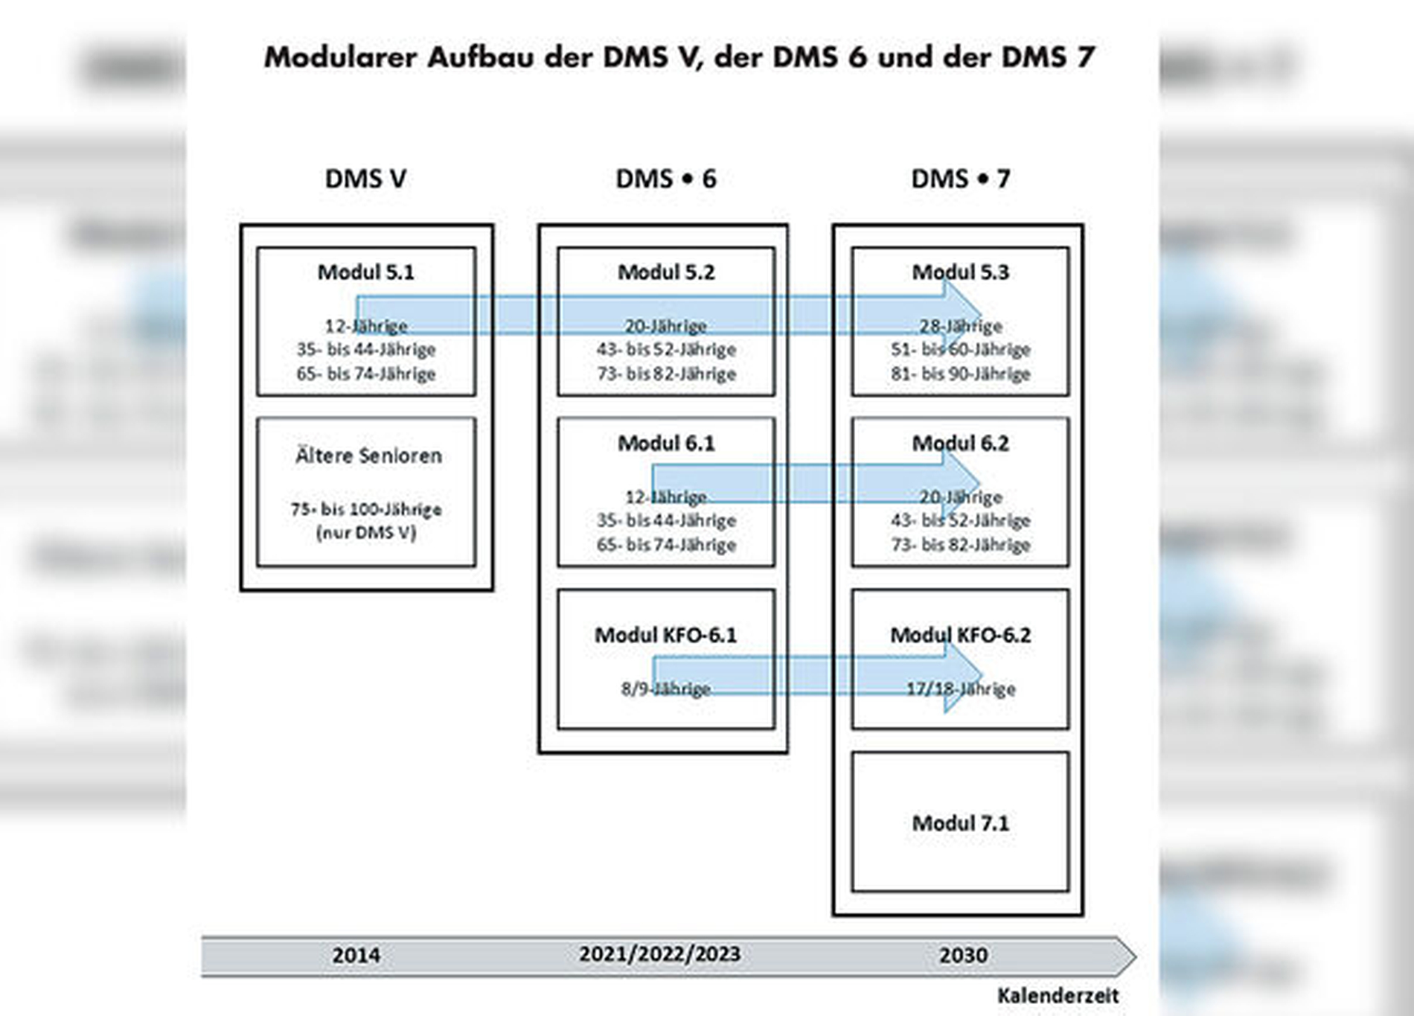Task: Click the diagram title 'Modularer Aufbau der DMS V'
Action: point(679,57)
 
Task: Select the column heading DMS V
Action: point(365,179)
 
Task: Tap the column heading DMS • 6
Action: point(665,179)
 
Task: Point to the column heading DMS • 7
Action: point(960,179)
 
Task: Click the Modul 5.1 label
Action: point(365,272)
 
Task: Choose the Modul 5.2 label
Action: point(666,272)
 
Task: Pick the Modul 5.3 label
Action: point(960,272)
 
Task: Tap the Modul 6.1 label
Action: point(666,444)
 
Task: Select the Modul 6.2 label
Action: point(960,444)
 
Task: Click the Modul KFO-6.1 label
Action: point(665,635)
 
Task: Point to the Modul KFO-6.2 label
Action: point(960,635)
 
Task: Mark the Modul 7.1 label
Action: point(960,823)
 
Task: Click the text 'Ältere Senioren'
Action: point(368,456)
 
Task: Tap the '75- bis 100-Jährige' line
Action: point(366,510)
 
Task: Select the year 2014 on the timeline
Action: point(356,956)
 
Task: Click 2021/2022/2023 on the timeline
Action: point(659,954)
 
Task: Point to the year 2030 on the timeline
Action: point(963,956)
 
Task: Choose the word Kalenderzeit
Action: point(1058,996)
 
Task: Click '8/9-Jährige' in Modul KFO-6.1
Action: point(666,689)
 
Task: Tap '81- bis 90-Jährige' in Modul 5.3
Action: point(960,374)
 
